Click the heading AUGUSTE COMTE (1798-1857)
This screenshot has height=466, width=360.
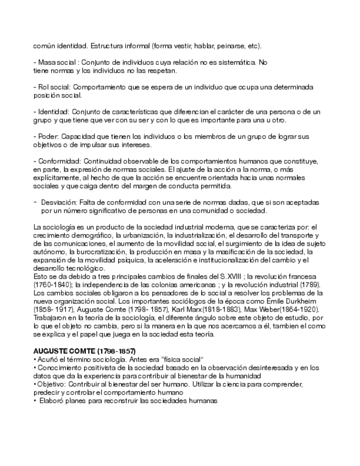(84, 351)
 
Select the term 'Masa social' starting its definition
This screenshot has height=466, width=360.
(56, 63)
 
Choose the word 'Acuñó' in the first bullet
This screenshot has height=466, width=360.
(48, 359)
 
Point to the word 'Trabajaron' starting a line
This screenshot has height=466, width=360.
(51, 317)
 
